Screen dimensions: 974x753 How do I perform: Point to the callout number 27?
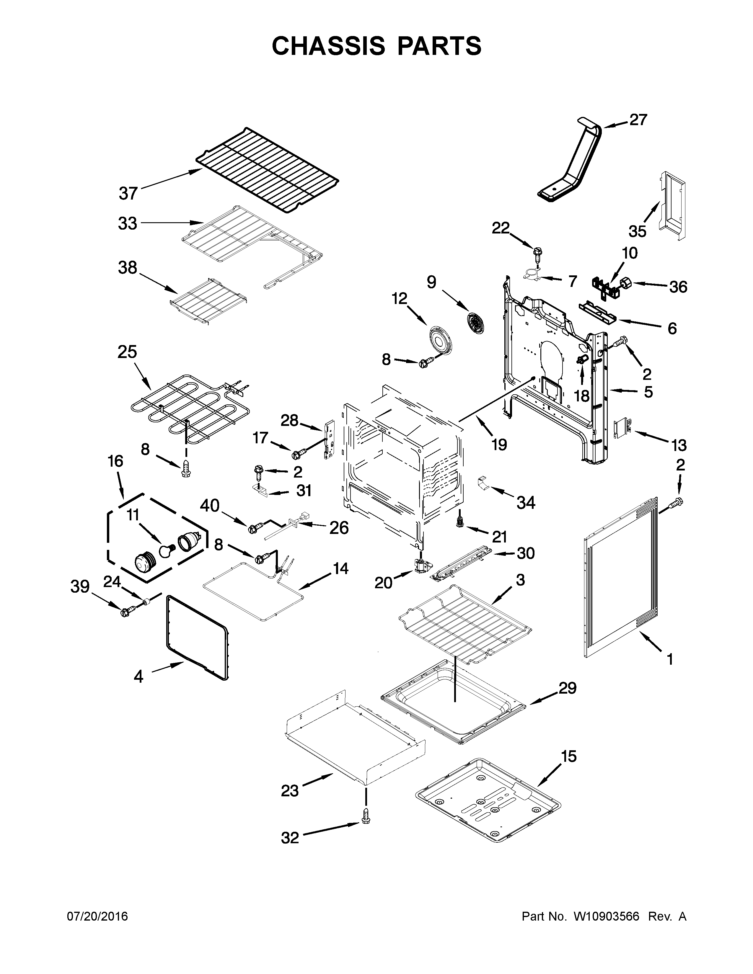638,120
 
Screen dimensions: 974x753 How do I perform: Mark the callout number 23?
290,791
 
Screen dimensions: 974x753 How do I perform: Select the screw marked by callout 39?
124,612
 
